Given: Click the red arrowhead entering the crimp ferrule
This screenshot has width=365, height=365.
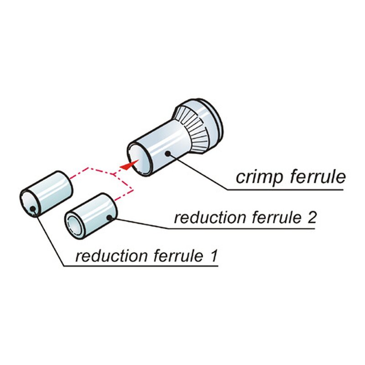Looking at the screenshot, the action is click(x=129, y=164).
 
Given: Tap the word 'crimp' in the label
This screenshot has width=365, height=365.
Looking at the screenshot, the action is click(x=260, y=178).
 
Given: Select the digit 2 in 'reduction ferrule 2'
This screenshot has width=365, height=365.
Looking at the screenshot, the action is click(x=311, y=218).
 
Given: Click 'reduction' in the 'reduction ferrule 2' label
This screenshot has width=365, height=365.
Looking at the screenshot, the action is click(x=210, y=218).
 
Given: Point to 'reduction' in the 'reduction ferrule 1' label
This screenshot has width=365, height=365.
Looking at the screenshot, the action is click(x=111, y=256).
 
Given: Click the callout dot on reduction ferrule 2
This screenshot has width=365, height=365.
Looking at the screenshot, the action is click(x=109, y=218).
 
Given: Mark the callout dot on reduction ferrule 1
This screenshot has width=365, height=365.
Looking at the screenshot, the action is click(x=33, y=209).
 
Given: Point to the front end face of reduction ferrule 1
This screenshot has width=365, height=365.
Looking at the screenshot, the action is click(x=29, y=203).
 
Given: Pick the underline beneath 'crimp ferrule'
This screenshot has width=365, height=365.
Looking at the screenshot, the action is click(x=285, y=190).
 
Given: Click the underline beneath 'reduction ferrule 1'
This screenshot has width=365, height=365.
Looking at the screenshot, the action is click(x=141, y=266).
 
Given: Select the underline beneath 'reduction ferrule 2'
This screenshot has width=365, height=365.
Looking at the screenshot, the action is click(x=241, y=229).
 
